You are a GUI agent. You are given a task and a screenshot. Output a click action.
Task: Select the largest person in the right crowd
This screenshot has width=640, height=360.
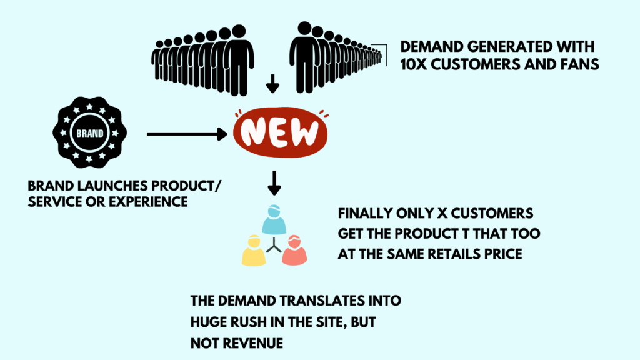(304, 56)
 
